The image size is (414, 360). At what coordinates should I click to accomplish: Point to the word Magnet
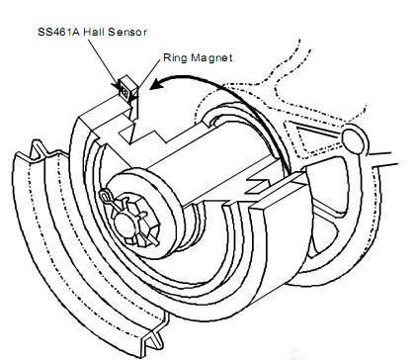(x=212, y=60)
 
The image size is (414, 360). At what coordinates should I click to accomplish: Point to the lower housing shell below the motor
(x=237, y=287)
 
